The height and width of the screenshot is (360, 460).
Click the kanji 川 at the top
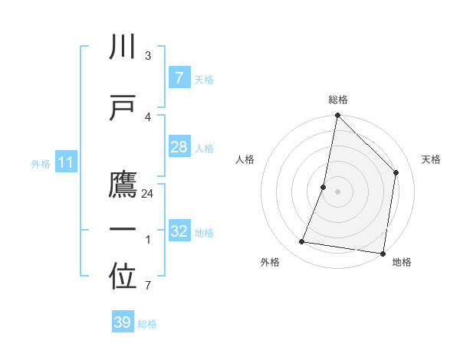tap(123, 47)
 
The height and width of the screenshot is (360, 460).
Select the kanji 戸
tap(123, 108)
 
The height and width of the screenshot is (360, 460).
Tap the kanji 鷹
tap(123, 185)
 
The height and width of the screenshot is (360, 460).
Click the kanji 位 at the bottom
tap(123, 278)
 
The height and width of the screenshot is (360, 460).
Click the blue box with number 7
tap(179, 77)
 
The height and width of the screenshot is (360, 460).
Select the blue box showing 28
tap(179, 147)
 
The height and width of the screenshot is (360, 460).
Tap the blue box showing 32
tap(179, 231)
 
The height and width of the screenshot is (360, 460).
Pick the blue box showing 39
tap(122, 322)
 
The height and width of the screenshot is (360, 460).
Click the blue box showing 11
tap(66, 162)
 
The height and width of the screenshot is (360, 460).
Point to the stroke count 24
tap(148, 194)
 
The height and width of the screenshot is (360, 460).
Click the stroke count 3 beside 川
tap(147, 56)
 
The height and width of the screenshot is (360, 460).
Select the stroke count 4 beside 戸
tap(147, 117)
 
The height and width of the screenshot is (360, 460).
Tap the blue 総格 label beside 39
tap(147, 324)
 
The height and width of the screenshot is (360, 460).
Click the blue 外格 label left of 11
tap(41, 163)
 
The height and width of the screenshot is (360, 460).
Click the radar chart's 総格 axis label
tap(337, 100)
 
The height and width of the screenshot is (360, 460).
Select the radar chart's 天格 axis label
tap(431, 159)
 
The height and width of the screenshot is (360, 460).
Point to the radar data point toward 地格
tap(383, 253)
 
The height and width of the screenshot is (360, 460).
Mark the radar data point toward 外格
tap(302, 242)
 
